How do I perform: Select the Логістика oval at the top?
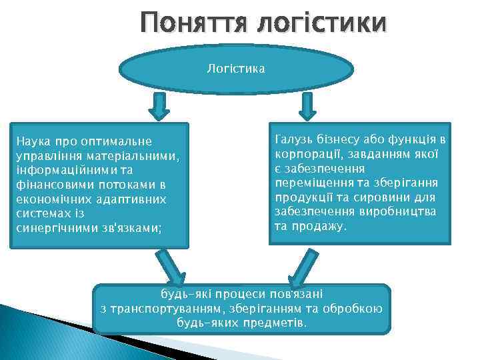tap(235, 68)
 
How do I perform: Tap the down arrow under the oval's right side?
tap(308, 105)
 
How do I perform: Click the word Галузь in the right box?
tap(293, 139)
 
